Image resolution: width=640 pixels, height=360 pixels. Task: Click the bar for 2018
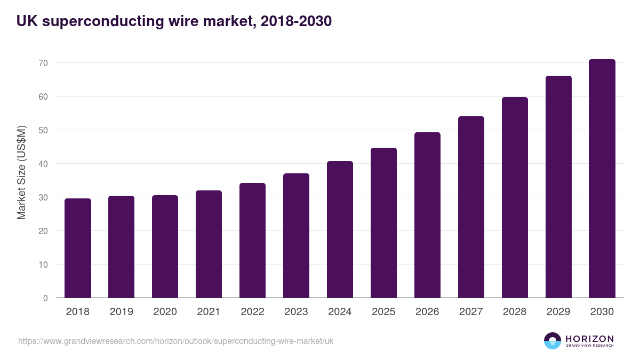[78, 248]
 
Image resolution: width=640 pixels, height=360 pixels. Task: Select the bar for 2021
[209, 244]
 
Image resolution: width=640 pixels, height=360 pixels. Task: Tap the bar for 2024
[340, 229]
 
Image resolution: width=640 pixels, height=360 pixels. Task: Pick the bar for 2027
[471, 207]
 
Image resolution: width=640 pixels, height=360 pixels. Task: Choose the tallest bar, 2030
[602, 179]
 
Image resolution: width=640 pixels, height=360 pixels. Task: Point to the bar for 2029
[558, 187]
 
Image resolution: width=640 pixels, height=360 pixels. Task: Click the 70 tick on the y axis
[43, 63]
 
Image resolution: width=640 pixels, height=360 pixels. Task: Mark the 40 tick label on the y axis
[43, 164]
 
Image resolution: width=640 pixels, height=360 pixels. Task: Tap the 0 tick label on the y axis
[45, 298]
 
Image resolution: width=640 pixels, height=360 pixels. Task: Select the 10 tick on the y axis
[43, 265]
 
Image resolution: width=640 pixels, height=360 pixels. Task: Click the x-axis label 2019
[121, 312]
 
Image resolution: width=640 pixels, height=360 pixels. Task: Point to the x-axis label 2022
[252, 312]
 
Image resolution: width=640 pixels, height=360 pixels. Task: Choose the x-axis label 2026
[427, 312]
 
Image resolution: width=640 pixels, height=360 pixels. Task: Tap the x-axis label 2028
[515, 312]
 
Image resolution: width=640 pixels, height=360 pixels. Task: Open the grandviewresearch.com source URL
[176, 341]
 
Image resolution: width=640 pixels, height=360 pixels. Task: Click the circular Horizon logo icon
[553, 341]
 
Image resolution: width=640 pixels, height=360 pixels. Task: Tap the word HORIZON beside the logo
[589, 339]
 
